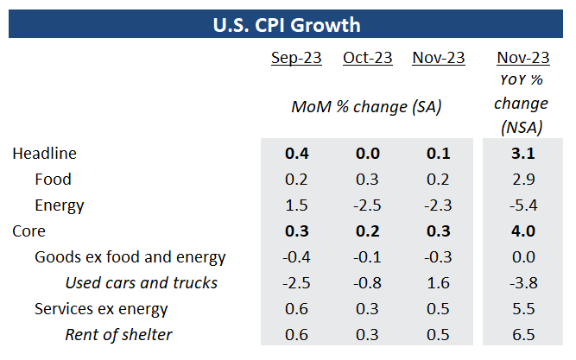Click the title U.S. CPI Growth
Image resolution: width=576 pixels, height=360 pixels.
click(287, 23)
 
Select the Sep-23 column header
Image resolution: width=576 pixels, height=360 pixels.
click(297, 58)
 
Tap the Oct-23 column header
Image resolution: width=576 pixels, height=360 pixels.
click(367, 58)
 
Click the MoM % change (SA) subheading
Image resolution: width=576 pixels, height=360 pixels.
click(366, 107)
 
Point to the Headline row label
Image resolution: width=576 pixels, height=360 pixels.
click(44, 154)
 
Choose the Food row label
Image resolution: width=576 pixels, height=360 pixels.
click(53, 180)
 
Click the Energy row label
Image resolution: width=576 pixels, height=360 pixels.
click(60, 205)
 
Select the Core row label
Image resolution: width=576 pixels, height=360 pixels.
click(28, 231)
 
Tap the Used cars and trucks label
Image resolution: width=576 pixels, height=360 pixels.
click(142, 283)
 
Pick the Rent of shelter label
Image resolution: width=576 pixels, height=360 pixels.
click(118, 335)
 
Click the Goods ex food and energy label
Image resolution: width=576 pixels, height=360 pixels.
click(130, 257)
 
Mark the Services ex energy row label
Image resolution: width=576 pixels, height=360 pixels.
click(101, 309)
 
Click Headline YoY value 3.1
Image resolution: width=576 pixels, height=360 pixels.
click(523, 154)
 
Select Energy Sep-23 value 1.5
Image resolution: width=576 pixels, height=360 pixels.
click(297, 205)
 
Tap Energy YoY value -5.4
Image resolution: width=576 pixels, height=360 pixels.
click(522, 205)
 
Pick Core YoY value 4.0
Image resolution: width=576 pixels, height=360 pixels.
click(523, 231)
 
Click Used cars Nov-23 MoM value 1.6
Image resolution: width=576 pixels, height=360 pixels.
click(438, 283)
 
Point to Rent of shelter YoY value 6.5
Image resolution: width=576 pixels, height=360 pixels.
click(523, 335)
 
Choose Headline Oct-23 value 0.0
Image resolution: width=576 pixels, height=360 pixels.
click(368, 154)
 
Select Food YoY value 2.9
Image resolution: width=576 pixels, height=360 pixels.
click(523, 180)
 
